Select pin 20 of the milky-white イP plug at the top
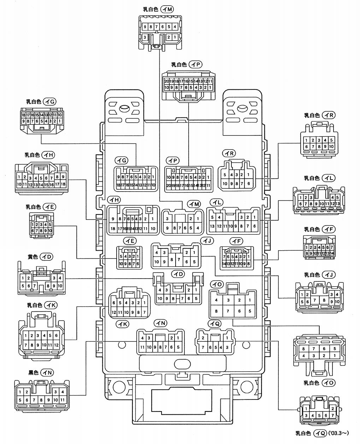click(167, 81)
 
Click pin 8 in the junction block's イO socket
click(217, 311)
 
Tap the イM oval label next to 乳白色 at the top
click(167, 10)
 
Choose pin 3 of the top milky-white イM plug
click(145, 37)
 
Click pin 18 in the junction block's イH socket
click(113, 228)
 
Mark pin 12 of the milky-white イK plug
click(56, 345)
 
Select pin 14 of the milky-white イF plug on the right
click(332, 253)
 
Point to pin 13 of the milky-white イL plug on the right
click(338, 204)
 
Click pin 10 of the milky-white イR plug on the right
click(331, 147)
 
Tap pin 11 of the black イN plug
click(63, 400)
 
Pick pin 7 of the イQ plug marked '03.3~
click(332, 415)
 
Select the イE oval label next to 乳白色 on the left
click(49, 207)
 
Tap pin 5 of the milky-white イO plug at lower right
click(334, 349)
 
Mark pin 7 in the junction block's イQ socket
click(203, 347)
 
